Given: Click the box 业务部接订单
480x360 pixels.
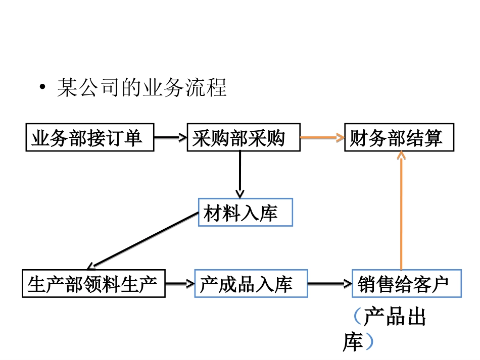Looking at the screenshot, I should point(90,137).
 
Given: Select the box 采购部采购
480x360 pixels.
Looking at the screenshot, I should point(243,137).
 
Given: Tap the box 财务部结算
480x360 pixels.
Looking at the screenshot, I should point(399,137).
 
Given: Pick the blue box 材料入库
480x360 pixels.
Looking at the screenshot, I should point(246,213).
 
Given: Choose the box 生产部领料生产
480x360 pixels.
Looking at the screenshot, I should point(93,284).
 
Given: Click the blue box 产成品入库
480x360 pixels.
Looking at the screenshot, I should point(251,284).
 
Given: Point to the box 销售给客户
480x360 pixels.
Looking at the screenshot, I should point(406,284).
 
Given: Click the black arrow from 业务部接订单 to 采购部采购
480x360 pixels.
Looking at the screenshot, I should point(170,137).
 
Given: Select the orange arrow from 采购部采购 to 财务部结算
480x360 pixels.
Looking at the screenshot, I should point(322,137).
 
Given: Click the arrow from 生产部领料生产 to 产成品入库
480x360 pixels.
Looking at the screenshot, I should point(179,284).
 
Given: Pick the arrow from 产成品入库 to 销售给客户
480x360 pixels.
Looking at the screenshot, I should point(329,284).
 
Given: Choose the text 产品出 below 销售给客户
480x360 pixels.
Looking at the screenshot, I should point(396,318).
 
